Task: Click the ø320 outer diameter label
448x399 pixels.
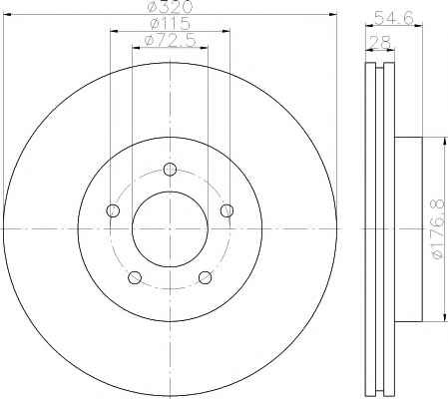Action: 171,6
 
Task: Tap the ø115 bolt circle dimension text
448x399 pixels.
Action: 170,24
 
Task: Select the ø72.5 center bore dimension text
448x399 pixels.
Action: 171,41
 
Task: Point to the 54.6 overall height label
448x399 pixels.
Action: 394,17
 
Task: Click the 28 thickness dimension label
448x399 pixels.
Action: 380,42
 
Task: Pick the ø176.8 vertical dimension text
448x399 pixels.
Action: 439,228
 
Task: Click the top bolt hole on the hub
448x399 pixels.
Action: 170,170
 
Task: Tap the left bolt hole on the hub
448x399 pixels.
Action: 113,210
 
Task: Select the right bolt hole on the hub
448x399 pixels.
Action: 227,210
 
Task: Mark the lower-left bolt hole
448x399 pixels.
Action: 135,277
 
